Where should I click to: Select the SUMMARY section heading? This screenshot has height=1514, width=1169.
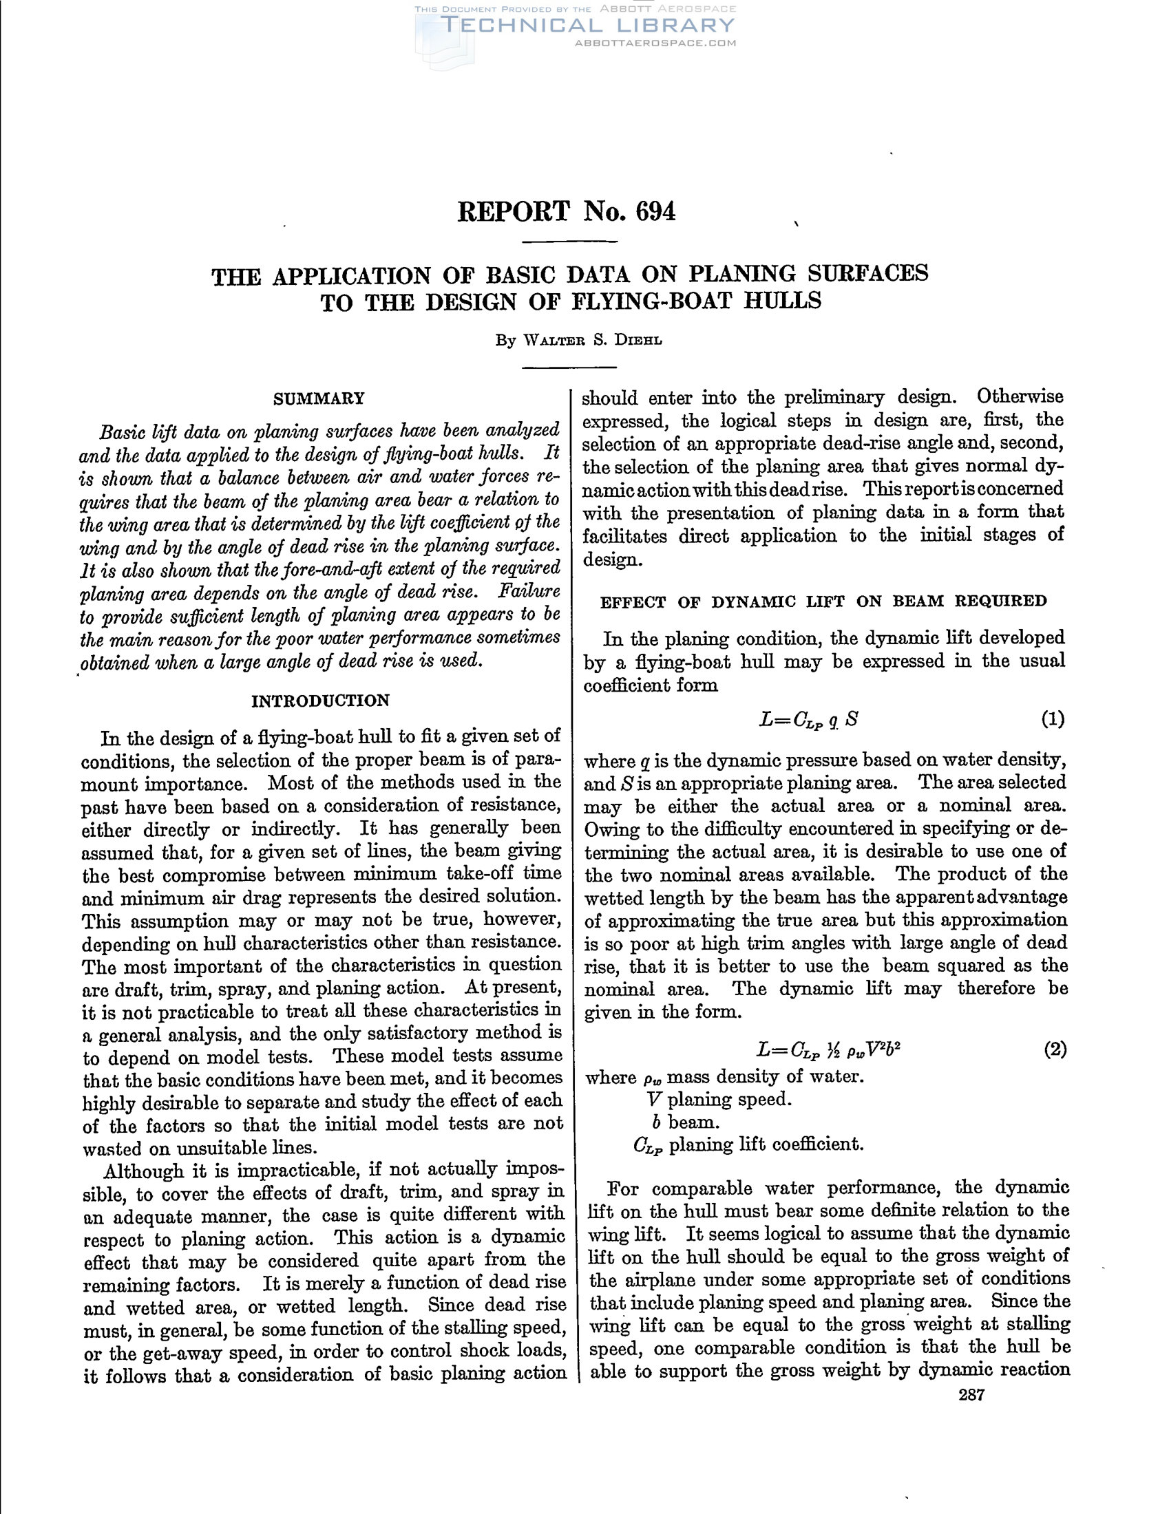319,398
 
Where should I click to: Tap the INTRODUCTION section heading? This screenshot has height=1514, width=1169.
320,700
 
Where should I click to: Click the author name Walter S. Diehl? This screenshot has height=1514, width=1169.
578,341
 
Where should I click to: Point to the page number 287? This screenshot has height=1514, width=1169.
971,1395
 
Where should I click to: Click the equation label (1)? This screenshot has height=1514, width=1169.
1053,719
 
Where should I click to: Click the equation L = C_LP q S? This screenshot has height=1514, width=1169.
808,720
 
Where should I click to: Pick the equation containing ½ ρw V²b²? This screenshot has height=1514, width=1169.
829,1050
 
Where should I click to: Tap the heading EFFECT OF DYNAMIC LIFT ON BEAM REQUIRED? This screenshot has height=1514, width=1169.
823,601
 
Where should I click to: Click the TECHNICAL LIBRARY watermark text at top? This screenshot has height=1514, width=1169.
587,25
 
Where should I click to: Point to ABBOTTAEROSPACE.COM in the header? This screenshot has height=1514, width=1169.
655,43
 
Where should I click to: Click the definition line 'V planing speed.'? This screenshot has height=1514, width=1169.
717,1100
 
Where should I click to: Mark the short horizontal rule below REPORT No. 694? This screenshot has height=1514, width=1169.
569,242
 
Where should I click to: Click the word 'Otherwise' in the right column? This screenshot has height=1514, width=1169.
1020,396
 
